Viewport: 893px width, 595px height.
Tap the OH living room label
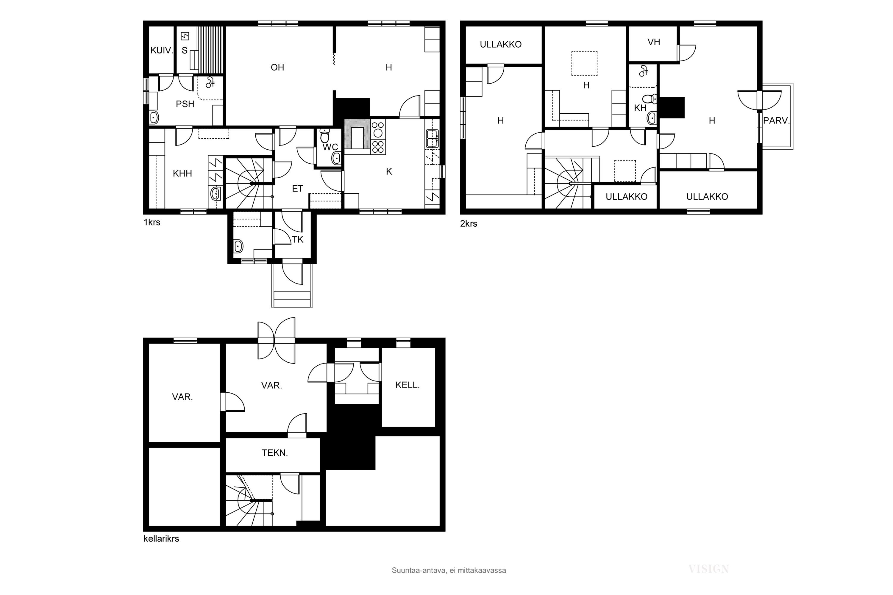point(277,68)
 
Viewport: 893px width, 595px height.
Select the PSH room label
point(185,104)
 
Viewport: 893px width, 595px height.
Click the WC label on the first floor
point(330,147)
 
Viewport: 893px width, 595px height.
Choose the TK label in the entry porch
point(298,239)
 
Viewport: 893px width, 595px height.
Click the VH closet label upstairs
point(654,42)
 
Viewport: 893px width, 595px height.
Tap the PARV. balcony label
point(776,121)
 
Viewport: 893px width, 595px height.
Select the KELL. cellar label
point(408,385)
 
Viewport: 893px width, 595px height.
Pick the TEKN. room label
point(275,453)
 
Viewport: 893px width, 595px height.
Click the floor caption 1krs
point(152,222)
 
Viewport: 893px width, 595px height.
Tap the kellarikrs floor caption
point(161,538)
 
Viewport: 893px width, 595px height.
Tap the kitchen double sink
point(433,139)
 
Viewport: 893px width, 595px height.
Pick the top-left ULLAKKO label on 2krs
point(501,44)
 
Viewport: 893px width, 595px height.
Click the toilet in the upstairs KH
point(650,99)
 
